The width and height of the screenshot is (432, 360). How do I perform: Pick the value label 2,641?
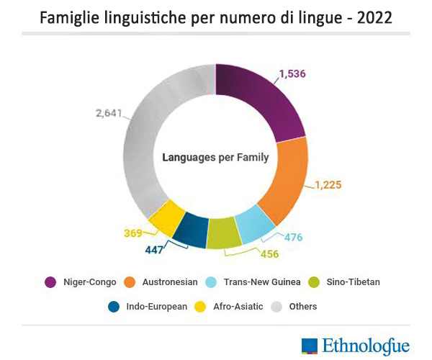[x=110, y=112]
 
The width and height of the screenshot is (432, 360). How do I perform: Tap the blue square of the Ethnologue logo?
[x=310, y=346]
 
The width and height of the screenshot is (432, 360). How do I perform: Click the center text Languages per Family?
[x=215, y=157]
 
